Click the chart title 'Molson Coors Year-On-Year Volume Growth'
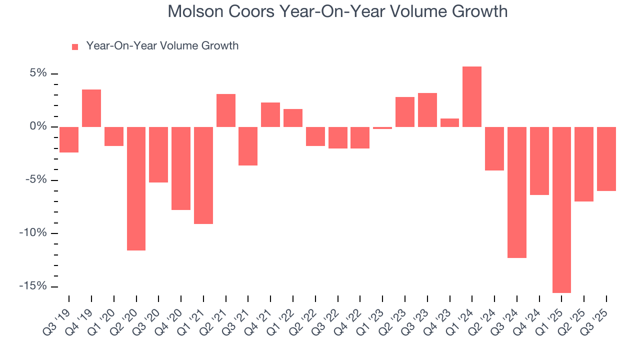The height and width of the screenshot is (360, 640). click(x=337, y=11)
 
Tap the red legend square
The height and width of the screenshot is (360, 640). click(x=75, y=46)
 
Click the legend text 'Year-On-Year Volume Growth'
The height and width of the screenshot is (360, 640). click(x=162, y=46)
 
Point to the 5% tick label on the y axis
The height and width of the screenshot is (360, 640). click(x=37, y=73)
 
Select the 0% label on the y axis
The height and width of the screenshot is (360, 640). click(x=37, y=126)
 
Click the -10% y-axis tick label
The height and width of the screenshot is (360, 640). click(x=34, y=233)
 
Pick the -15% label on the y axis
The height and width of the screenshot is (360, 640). click(x=34, y=286)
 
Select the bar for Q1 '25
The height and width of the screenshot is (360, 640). click(x=561, y=209)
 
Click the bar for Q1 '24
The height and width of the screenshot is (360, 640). click(x=472, y=96)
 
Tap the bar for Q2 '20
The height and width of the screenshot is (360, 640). click(x=136, y=188)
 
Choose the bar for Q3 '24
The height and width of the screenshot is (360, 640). click(x=517, y=192)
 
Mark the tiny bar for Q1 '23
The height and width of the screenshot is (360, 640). click(x=382, y=128)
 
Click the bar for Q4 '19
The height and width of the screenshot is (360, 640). click(x=91, y=108)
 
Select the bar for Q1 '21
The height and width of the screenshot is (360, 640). click(x=203, y=175)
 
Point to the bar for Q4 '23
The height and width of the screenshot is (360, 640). click(x=449, y=122)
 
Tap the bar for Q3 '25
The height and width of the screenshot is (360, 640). click(x=606, y=158)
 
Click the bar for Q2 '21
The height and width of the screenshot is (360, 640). click(x=226, y=110)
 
